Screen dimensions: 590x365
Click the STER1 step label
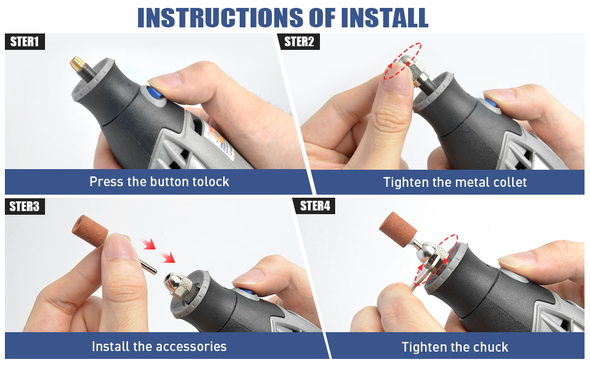(x=25, y=42)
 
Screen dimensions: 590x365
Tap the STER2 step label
(x=299, y=42)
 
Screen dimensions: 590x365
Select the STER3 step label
(x=25, y=207)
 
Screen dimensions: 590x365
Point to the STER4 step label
(x=315, y=206)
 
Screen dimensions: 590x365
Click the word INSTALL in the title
(x=384, y=18)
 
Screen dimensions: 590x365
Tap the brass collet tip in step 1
(x=77, y=64)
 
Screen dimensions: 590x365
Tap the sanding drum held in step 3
(x=89, y=231)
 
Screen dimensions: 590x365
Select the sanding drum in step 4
(x=398, y=229)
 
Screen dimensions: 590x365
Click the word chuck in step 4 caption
(x=491, y=347)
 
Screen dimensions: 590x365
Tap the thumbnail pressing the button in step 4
(x=517, y=260)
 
